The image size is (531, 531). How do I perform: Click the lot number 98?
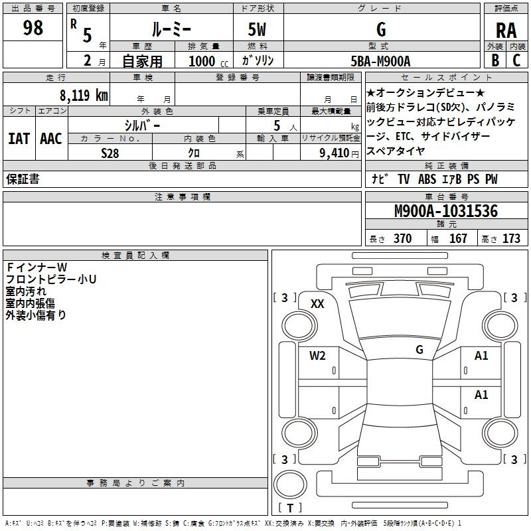[x=33, y=29]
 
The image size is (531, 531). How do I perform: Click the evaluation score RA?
[x=506, y=30]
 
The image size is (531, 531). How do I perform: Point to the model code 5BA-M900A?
[x=381, y=61]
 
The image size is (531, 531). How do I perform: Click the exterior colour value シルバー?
[x=143, y=125]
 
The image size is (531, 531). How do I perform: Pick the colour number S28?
[x=110, y=153]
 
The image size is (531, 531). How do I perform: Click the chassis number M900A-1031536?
[x=445, y=212]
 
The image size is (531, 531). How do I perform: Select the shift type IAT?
[x=19, y=139]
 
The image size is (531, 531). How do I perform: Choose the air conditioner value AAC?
[x=51, y=139]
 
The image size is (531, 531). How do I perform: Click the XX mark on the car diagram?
[x=317, y=304]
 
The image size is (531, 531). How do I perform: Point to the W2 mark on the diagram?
[x=317, y=356]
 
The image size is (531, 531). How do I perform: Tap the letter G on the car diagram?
[x=419, y=349]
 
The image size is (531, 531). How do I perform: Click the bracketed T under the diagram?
[x=291, y=508]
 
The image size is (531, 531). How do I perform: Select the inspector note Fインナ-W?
[x=41, y=267]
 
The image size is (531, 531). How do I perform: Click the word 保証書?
[x=23, y=180]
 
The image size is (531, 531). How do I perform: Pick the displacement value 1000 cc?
[x=207, y=61]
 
